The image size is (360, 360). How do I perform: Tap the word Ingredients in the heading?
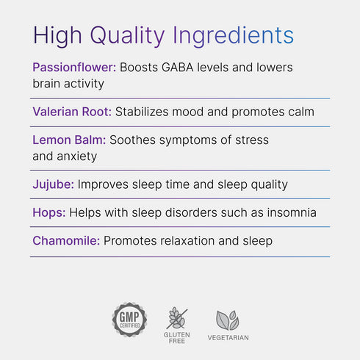[x=233, y=35]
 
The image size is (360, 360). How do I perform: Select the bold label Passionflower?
[x=74, y=67]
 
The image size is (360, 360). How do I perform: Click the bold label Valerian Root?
[x=72, y=112]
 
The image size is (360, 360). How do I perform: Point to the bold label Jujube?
[x=53, y=184]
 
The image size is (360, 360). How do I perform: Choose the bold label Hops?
[x=49, y=212]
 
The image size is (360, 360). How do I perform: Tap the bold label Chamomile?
[x=66, y=240]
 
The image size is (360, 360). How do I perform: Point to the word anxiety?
[x=76, y=156]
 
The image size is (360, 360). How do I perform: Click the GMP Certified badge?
[x=129, y=320]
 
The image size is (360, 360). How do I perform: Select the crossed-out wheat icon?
[x=177, y=318]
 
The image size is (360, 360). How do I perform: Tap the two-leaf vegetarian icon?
[x=227, y=320]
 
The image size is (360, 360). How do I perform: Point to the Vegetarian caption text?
[x=227, y=338]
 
